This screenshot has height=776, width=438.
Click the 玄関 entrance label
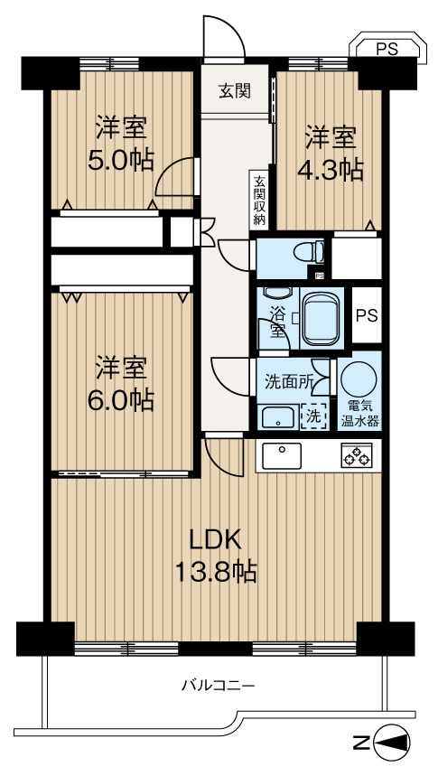point(234,90)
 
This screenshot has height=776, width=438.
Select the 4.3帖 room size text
point(332,169)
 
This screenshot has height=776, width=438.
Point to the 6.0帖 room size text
point(125,399)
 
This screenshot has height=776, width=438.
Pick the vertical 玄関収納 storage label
point(259,200)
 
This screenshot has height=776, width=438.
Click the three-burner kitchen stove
point(356,457)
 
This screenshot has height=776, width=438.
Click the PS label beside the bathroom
point(366,316)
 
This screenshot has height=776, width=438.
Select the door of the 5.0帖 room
point(176,177)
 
